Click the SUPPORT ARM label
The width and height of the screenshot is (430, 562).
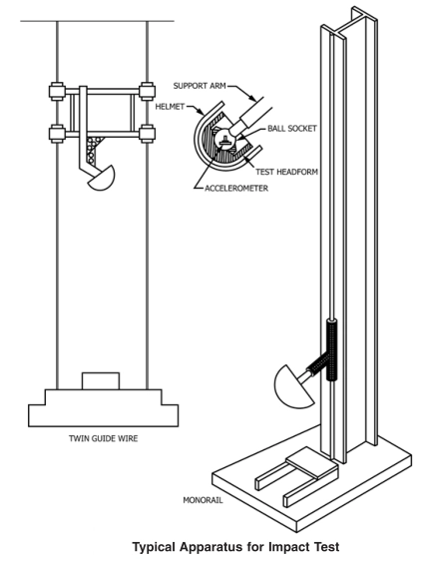point(200,86)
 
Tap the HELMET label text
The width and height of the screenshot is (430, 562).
point(170,107)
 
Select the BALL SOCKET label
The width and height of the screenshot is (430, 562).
point(292,129)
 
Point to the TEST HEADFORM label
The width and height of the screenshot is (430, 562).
point(286,172)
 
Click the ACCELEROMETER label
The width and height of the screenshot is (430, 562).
point(236,189)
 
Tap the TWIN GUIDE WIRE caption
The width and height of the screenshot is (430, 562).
point(103,438)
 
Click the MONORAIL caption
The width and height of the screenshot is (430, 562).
point(203,500)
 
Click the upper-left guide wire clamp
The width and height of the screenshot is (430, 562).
point(57,92)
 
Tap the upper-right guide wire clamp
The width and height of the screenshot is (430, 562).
point(147,92)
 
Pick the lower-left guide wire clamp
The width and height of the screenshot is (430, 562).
point(57,134)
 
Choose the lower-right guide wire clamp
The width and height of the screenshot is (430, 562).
point(147,134)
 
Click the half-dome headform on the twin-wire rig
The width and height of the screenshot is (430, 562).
point(102,179)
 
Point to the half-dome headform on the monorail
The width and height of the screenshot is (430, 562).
point(292,389)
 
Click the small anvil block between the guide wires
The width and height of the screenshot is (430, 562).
point(101,381)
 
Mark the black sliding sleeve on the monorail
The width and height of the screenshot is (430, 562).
point(332,350)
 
